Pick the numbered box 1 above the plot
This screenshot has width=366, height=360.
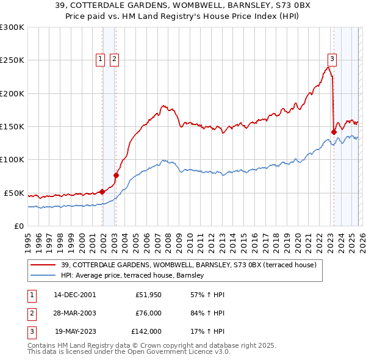pyautogui.click(x=100, y=59)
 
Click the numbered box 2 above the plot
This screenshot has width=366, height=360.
pyautogui.click(x=114, y=59)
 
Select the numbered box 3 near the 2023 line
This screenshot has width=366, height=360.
pyautogui.click(x=331, y=59)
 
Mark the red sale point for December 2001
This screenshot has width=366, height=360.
pyautogui.click(x=102, y=192)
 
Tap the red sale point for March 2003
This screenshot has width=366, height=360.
pyautogui.click(x=116, y=176)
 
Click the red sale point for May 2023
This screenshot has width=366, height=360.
pyautogui.click(x=334, y=132)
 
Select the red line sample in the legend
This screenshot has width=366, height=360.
pyautogui.click(x=43, y=265)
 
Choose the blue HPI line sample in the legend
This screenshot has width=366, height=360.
pyautogui.click(x=43, y=276)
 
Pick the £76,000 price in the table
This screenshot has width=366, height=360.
pyautogui.click(x=148, y=314)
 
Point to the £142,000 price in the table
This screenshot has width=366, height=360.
pyautogui.click(x=146, y=332)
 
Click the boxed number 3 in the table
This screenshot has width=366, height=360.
pyautogui.click(x=31, y=332)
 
